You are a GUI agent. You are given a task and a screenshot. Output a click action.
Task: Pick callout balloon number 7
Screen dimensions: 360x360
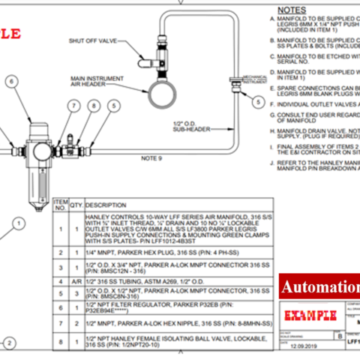click(73, 106)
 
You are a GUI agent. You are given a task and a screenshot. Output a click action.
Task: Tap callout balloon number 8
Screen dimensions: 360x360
click(92, 106)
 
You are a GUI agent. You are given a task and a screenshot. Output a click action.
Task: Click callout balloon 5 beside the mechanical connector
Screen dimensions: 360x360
click(258, 101)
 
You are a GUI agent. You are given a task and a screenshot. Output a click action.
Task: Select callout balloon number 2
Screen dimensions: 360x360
click(7, 343)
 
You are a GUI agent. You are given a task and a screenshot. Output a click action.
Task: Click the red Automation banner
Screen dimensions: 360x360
click(319, 286)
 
